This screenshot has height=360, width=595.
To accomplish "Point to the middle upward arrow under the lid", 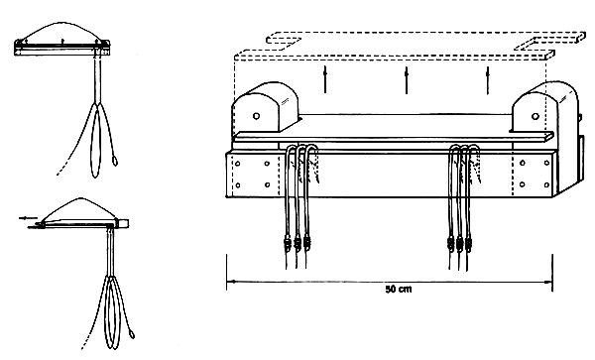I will [407, 80].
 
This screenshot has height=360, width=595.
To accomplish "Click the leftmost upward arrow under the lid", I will [324, 80].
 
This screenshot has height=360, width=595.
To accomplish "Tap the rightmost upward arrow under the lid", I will [488, 80].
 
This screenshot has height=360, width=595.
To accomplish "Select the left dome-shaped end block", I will [265, 107].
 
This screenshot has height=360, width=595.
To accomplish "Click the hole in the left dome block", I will [259, 115].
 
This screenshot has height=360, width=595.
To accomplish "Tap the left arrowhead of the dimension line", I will [231, 283].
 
